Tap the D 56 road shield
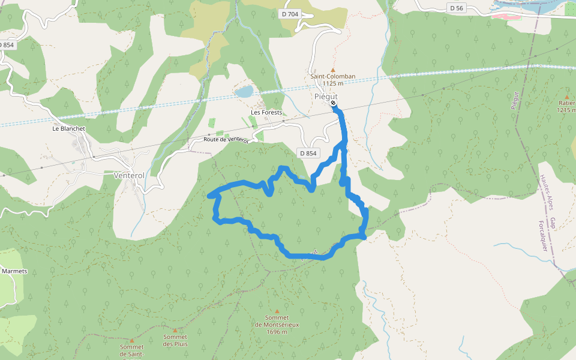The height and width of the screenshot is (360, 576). [457, 8]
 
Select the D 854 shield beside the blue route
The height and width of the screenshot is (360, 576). [307, 153]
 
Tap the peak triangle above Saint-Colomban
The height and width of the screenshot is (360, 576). [333, 70]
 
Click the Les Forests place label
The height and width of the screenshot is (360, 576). [266, 112]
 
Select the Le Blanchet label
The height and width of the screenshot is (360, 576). [68, 128]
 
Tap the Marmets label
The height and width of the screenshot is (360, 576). [14, 271]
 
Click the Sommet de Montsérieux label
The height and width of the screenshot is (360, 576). [277, 325]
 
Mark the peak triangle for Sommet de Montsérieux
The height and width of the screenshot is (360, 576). [277, 311]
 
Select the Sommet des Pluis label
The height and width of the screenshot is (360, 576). [175, 340]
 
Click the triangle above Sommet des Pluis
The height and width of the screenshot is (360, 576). [175, 330]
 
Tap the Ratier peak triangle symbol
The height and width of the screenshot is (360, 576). [566, 96]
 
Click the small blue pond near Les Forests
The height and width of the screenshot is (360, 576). [244, 92]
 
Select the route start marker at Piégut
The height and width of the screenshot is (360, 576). [333, 103]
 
